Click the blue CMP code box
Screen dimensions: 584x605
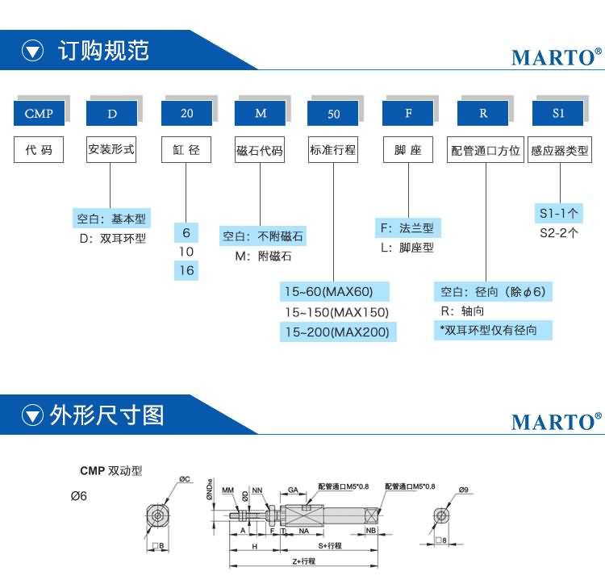pyautogui.click(x=39, y=113)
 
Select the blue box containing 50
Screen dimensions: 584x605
pyautogui.click(x=333, y=114)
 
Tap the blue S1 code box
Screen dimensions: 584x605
pyautogui.click(x=558, y=113)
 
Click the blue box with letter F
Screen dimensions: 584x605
pyautogui.click(x=408, y=113)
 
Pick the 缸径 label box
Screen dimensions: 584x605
pyautogui.click(x=186, y=150)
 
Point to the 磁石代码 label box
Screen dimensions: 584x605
pyautogui.click(x=260, y=151)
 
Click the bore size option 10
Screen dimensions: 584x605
pyautogui.click(x=186, y=252)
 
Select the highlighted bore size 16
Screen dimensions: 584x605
pyautogui.click(x=186, y=270)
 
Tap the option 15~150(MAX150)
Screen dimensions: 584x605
pyautogui.click(x=336, y=312)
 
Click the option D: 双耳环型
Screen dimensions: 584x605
pyautogui.click(x=112, y=239)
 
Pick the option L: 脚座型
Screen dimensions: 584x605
pyautogui.click(x=407, y=248)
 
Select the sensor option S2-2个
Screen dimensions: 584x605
pyautogui.click(x=559, y=233)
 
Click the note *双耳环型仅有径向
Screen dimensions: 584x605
pyautogui.click(x=488, y=331)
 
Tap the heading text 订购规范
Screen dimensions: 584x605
pyautogui.click(x=104, y=50)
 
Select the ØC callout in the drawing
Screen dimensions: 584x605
pyautogui.click(x=184, y=479)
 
